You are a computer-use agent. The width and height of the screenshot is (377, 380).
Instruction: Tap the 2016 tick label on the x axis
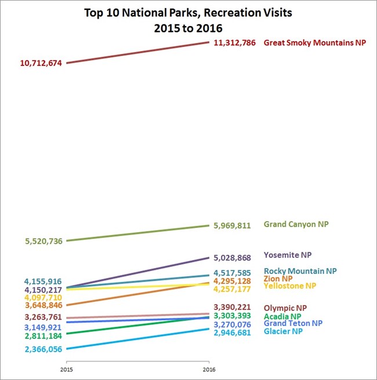pyautogui.click(x=209, y=369)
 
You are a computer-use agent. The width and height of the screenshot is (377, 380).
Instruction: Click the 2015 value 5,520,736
pyautogui.click(x=44, y=241)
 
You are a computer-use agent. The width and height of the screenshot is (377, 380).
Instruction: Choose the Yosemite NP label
pyautogui.click(x=287, y=255)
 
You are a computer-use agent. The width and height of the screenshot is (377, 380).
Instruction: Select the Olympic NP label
pyautogui.click(x=285, y=308)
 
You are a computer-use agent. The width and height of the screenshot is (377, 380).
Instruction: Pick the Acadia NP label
pyautogui.click(x=282, y=316)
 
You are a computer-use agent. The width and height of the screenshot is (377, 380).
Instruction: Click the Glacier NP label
pyautogui.click(x=283, y=331)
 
